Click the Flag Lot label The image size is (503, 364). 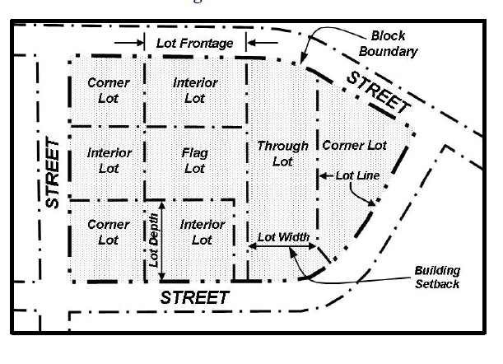pyautogui.click(x=194, y=161)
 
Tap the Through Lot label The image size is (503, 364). pyautogui.click(x=282, y=153)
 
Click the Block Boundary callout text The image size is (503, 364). pyautogui.click(x=394, y=44)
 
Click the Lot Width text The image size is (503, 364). pyautogui.click(x=283, y=237)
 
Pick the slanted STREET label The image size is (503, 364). pyautogui.click(x=378, y=92)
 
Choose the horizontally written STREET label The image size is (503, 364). pyautogui.click(x=193, y=296)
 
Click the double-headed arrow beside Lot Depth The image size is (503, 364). pyautogui.click(x=162, y=239)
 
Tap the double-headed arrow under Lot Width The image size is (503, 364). pyautogui.click(x=282, y=246)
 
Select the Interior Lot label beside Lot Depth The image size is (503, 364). pyautogui.click(x=203, y=232)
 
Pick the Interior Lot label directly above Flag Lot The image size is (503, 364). pyautogui.click(x=195, y=91)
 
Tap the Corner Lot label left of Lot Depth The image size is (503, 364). pyautogui.click(x=108, y=232)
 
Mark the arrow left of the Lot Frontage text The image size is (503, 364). pyautogui.click(x=128, y=42)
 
